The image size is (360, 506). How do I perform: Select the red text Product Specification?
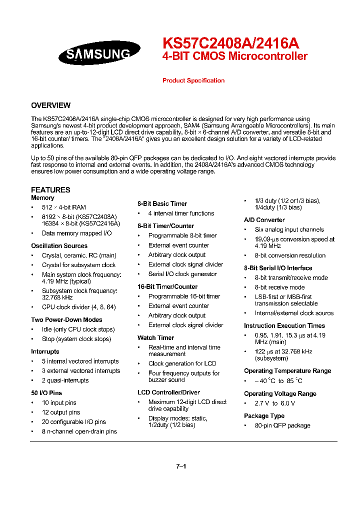pos(193,80)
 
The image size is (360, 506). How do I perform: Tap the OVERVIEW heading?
pos(50,105)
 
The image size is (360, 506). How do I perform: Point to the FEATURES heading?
pos(50,190)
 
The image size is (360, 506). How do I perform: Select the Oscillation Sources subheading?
pos(59,246)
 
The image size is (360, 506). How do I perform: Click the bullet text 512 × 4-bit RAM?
pos(63,207)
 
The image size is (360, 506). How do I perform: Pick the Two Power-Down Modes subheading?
pos(66,320)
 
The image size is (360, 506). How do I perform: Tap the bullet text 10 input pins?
pos(59,403)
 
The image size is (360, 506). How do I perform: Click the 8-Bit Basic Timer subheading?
pos(162,204)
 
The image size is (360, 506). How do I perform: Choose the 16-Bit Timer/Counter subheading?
pos(167,287)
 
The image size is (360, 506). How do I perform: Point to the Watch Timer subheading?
pos(153,338)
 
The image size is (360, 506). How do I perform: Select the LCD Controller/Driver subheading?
pos(168,392)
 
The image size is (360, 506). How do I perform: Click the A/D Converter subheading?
pos(264,220)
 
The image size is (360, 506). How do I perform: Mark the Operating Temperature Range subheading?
pos(287,371)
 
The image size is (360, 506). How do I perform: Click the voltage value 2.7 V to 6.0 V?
pos(274,403)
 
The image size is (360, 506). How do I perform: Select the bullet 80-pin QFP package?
pos(282,425)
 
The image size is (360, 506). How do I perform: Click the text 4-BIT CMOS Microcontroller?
pos(235,56)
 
